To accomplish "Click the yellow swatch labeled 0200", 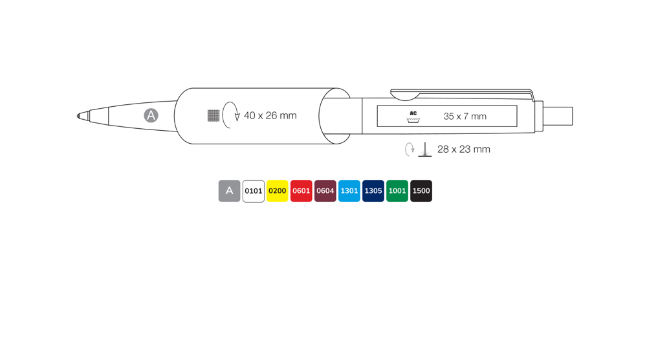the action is (278, 191).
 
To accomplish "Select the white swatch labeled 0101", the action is (254, 191).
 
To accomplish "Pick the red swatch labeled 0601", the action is (302, 191).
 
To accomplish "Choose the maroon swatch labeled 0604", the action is (325, 191).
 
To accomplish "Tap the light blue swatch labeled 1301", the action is (349, 191).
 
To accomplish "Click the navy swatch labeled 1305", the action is (373, 191).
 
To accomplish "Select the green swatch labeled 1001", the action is (397, 191).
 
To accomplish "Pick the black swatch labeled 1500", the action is (421, 191).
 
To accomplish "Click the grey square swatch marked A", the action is (230, 191).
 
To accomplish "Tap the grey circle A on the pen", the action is (151, 115).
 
